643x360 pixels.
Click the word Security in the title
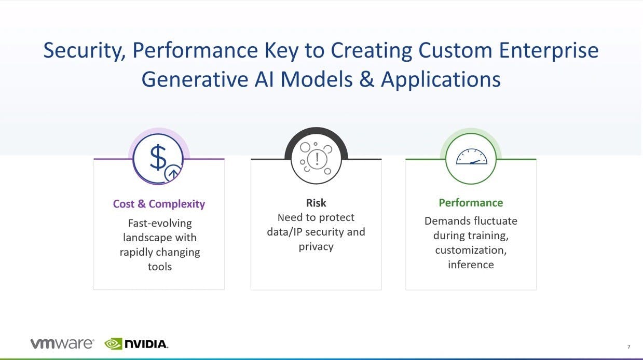click(x=85, y=51)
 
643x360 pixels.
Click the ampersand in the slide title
click(x=366, y=79)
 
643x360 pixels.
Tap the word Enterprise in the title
click(x=549, y=51)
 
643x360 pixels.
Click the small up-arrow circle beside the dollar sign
click(x=173, y=173)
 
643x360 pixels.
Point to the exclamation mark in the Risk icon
click(x=317, y=159)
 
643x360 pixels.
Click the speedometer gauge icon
click(x=471, y=157)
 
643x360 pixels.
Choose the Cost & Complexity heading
click(x=159, y=204)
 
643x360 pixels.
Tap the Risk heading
click(x=316, y=203)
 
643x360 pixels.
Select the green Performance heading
click(x=471, y=203)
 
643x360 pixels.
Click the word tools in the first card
click(x=160, y=267)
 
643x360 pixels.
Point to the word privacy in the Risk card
click(x=316, y=247)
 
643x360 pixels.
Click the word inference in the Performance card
click(x=471, y=265)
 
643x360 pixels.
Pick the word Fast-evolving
click(x=160, y=224)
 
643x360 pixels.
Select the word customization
click(x=471, y=250)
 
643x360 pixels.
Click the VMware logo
click(x=62, y=343)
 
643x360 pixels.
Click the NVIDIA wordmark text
click(x=146, y=344)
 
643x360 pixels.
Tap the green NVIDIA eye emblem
click(x=113, y=344)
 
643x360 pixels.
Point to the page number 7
click(x=628, y=347)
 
